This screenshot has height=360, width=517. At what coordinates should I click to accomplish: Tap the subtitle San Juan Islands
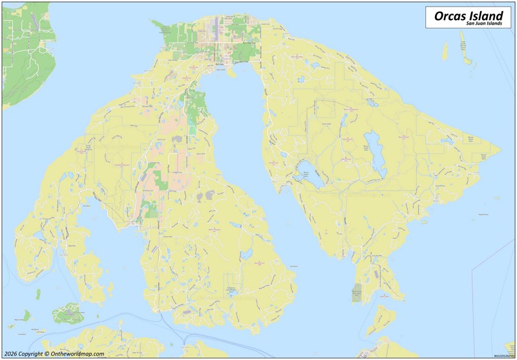coord(484,23)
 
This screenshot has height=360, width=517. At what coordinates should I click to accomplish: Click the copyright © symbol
coord(47,354)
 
